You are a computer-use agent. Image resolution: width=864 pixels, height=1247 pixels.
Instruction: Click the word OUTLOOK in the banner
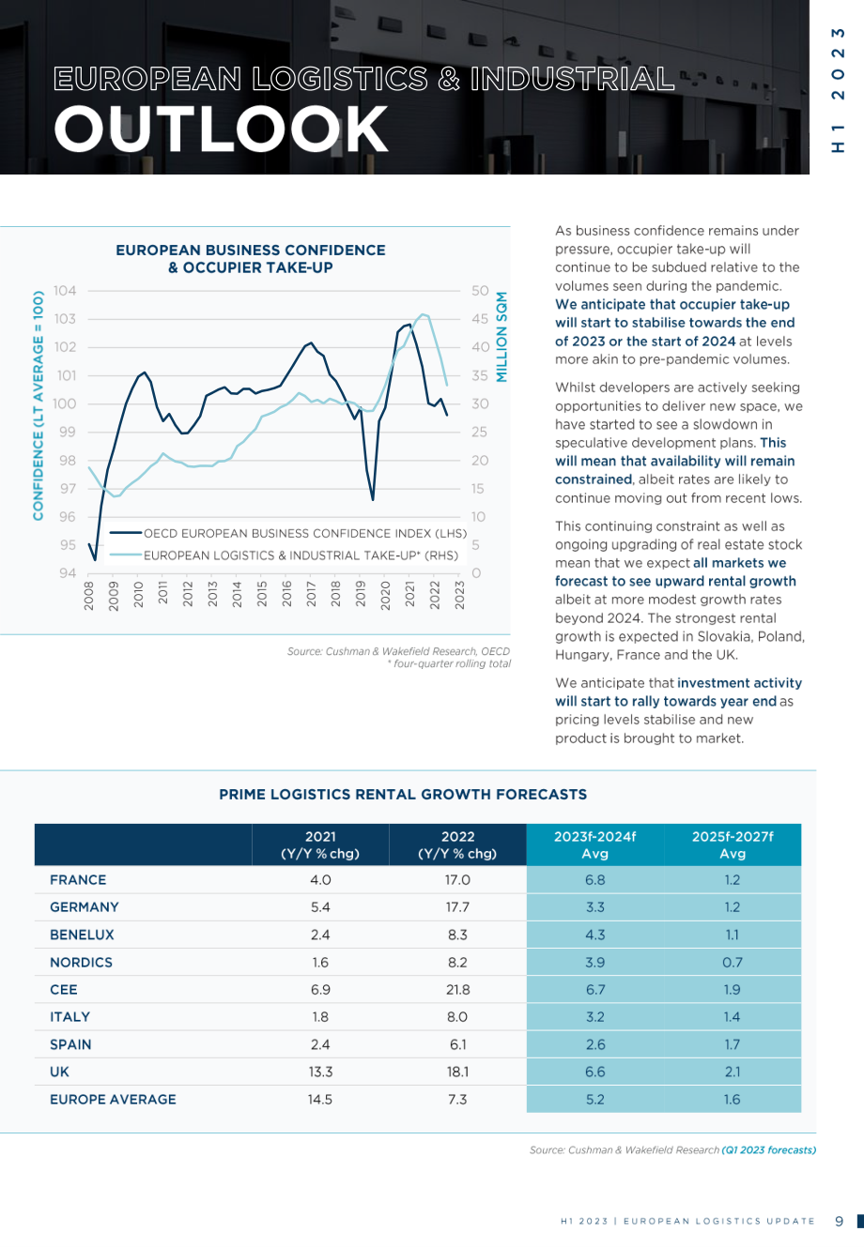click(x=221, y=129)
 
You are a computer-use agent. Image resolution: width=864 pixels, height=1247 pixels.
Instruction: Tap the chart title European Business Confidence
click(x=251, y=250)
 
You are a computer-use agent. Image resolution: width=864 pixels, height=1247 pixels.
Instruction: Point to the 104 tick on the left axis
click(x=65, y=291)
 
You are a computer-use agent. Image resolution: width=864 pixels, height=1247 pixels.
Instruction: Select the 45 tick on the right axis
click(x=480, y=319)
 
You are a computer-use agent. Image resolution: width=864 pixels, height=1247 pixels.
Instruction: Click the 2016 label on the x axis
click(x=286, y=594)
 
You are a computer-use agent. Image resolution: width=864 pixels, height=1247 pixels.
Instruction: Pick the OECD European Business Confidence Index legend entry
click(x=288, y=533)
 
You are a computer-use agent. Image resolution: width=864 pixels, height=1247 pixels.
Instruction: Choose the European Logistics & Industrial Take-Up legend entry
click(x=285, y=555)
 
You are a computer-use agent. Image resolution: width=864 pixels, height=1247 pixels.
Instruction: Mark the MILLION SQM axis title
click(x=501, y=337)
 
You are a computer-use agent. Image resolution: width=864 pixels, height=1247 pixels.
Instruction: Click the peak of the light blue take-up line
click(x=423, y=314)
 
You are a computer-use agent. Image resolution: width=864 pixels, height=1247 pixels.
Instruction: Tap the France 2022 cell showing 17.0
click(x=457, y=879)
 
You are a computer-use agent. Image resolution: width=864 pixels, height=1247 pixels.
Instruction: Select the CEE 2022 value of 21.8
click(x=457, y=989)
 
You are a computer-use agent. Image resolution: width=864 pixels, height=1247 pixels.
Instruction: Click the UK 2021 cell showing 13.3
click(x=320, y=1072)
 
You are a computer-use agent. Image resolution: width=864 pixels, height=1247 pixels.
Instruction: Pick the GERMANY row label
click(x=85, y=906)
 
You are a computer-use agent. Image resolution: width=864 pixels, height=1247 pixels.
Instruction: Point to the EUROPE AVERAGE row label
click(x=113, y=1099)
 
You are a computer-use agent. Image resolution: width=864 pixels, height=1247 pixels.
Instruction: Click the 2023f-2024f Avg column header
click(x=595, y=844)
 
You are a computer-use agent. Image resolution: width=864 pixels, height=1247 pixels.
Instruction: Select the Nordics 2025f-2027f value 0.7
click(x=732, y=962)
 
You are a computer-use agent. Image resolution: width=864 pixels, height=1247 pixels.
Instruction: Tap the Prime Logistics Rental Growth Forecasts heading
click(x=403, y=795)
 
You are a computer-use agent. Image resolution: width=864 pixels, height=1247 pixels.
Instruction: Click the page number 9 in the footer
click(x=839, y=1221)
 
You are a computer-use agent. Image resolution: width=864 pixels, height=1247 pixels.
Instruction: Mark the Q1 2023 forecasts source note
click(x=769, y=1149)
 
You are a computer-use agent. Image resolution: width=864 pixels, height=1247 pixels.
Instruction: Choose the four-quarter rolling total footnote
click(x=449, y=663)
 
